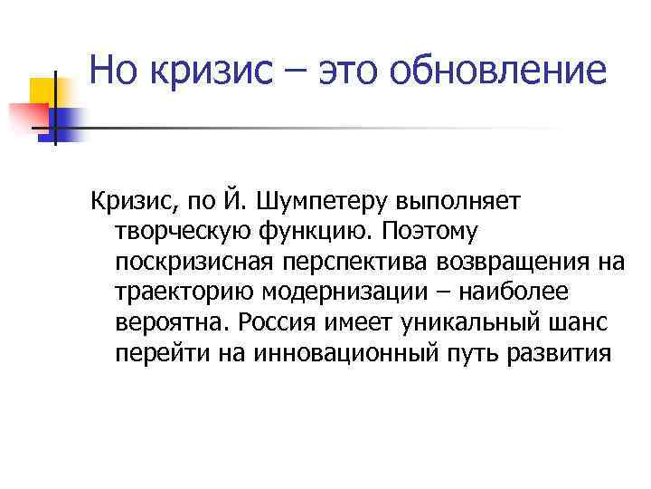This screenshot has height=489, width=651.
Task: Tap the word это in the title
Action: (x=341, y=71)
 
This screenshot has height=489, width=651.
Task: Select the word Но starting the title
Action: (x=113, y=71)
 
